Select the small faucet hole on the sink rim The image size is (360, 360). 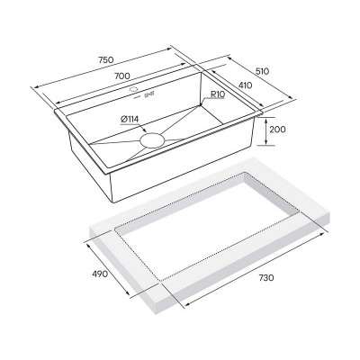coord(133,92)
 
